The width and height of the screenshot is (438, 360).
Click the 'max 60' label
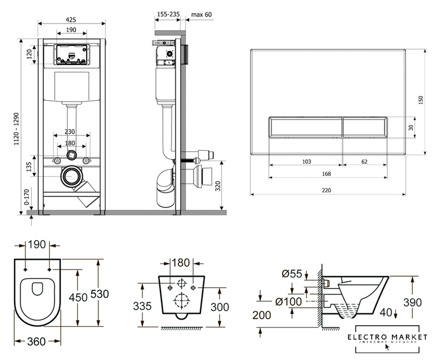coord(201,15)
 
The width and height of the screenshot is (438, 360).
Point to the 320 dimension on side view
coord(219,186)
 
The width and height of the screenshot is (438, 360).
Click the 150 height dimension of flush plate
coord(420,101)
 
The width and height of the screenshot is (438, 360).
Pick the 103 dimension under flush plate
coord(306,161)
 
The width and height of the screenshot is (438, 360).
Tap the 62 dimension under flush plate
coord(365,161)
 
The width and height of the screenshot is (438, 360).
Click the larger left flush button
coord(304,128)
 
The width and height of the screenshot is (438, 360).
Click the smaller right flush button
coord(365,128)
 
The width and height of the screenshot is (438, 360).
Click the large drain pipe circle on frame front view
coord(70,175)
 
